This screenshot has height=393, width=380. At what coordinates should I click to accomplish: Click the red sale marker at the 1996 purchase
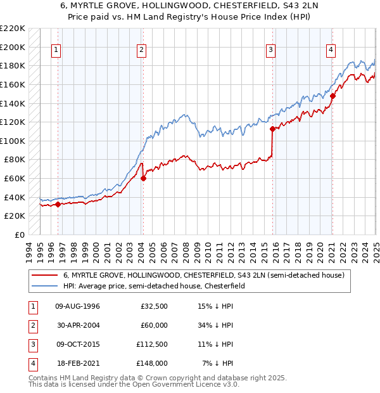pyautogui.click(x=58, y=204)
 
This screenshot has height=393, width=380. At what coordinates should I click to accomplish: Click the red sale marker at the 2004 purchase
pyautogui.click(x=143, y=178)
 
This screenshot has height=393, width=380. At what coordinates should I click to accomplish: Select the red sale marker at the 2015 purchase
pyautogui.click(x=272, y=129)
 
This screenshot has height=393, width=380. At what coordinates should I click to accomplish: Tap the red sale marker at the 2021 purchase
pyautogui.click(x=332, y=96)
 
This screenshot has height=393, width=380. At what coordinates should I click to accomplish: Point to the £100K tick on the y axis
pyautogui.click(x=13, y=141)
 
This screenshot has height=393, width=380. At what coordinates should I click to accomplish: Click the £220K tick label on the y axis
pyautogui.click(x=13, y=29)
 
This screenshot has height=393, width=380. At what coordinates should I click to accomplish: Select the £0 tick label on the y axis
pyautogui.click(x=19, y=235)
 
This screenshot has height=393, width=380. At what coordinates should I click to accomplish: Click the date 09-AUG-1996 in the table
pyautogui.click(x=78, y=307)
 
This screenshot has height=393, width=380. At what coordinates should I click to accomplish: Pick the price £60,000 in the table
pyautogui.click(x=154, y=325)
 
